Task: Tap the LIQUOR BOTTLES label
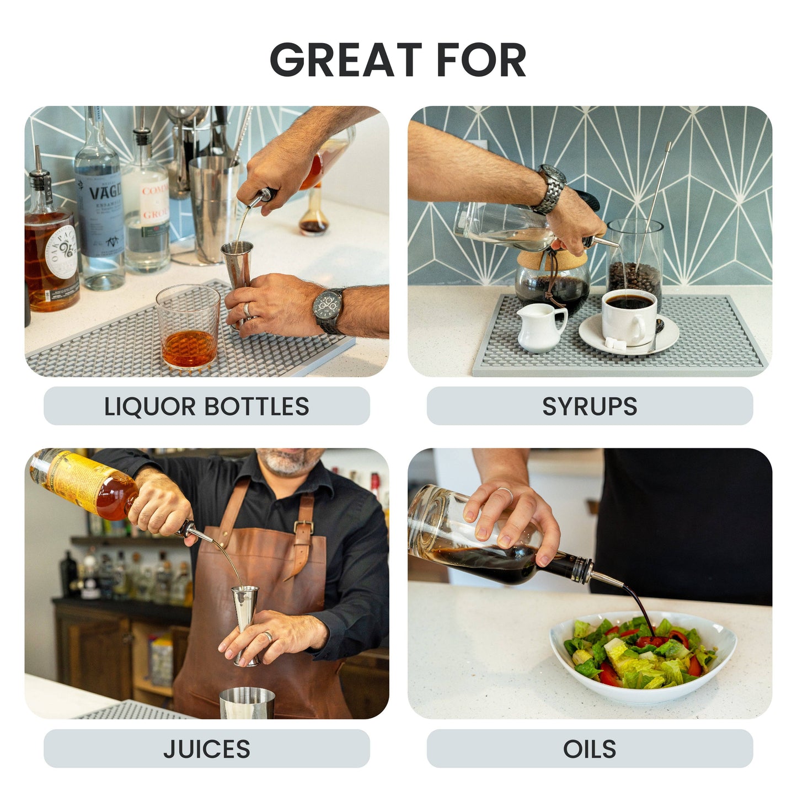pos(206,406)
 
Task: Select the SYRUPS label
pos(590,406)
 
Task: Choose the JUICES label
pos(206,749)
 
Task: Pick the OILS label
pos(590,749)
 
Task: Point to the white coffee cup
pos(629,317)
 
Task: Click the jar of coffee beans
pos(635,259)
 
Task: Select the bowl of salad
pos(643,656)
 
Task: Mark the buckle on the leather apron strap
pos(304,527)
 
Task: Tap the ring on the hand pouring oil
pos(505,492)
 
